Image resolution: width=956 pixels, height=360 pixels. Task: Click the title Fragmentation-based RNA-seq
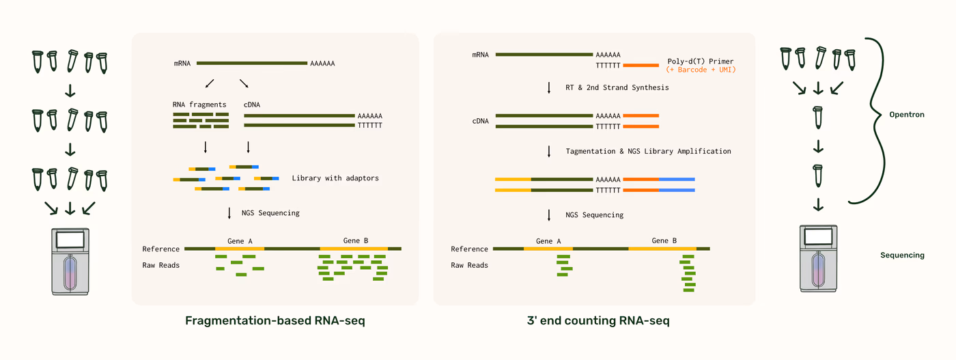pyautogui.click(x=275, y=320)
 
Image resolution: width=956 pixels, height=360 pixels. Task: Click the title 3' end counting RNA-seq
pyautogui.click(x=598, y=320)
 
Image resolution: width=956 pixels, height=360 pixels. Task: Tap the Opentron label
pyautogui.click(x=907, y=115)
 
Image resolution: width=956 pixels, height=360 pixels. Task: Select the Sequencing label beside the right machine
pyautogui.click(x=902, y=255)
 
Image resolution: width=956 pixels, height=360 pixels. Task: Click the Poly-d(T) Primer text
pyautogui.click(x=701, y=61)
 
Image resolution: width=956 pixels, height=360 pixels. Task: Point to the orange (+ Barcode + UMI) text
pyautogui.click(x=701, y=70)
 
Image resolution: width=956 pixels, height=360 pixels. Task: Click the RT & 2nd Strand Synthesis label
pyautogui.click(x=617, y=87)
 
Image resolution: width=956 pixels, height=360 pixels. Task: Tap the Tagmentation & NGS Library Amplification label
pyautogui.click(x=648, y=151)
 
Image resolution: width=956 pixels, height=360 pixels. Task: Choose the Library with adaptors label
pyautogui.click(x=335, y=178)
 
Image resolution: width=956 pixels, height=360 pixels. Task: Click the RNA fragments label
pyautogui.click(x=199, y=105)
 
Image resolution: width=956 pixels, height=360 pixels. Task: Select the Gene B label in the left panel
pyautogui.click(x=356, y=240)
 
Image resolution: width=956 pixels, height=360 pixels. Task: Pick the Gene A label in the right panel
pyautogui.click(x=548, y=241)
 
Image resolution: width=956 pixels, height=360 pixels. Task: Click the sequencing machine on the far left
pyautogui.click(x=70, y=262)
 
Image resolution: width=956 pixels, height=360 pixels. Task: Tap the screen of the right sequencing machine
pyautogui.click(x=818, y=236)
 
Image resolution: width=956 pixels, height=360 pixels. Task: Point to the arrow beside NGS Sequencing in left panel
pyautogui.click(x=229, y=213)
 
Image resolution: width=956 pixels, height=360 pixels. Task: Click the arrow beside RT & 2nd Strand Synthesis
pyautogui.click(x=549, y=87)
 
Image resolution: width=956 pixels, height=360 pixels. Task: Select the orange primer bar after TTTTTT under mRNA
pyautogui.click(x=641, y=66)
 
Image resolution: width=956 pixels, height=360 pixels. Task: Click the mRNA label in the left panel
pyautogui.click(x=182, y=64)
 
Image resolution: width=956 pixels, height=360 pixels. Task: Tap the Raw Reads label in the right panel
pyautogui.click(x=470, y=265)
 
